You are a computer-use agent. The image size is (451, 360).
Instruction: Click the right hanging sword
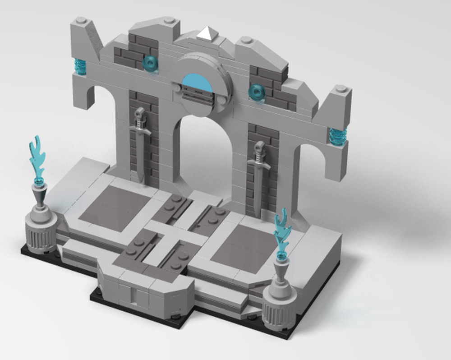click(x=258, y=180)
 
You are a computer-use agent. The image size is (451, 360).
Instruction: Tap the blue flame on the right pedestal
click(x=283, y=230)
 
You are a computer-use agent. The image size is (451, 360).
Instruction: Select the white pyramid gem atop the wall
click(x=206, y=33)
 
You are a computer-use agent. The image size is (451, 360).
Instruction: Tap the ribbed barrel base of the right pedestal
click(x=278, y=314)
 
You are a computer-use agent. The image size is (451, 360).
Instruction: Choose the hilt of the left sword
click(x=140, y=118)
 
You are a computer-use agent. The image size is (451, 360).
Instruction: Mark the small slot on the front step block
click(x=133, y=295)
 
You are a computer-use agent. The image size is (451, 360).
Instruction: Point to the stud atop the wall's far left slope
click(x=81, y=20)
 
